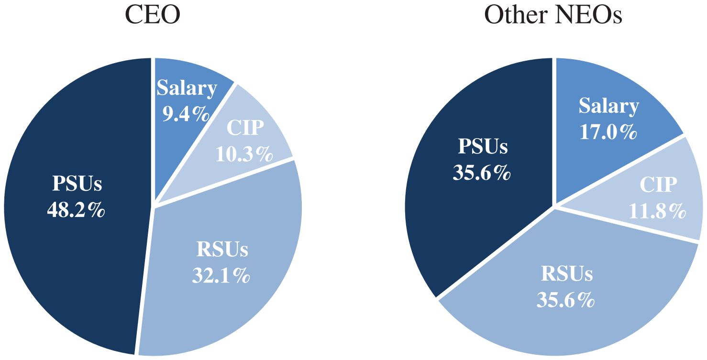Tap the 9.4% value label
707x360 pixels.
(x=186, y=114)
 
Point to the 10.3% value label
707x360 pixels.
(x=244, y=154)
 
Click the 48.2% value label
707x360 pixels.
(x=76, y=210)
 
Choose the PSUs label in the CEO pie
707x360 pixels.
(x=77, y=183)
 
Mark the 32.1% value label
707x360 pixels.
(x=221, y=275)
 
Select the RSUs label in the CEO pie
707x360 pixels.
(x=222, y=249)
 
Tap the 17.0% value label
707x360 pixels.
(x=608, y=132)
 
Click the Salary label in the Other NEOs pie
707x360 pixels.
(x=609, y=106)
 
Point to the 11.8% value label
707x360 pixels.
(x=657, y=211)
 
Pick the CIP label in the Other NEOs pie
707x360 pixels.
(x=658, y=184)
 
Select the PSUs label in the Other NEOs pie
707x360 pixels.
(x=483, y=146)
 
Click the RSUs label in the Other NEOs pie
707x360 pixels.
(x=567, y=273)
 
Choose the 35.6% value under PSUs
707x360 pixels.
(x=482, y=173)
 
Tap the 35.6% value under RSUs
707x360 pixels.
(x=565, y=300)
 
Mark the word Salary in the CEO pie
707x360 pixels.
(x=187, y=87)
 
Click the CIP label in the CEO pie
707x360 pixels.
(x=245, y=128)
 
